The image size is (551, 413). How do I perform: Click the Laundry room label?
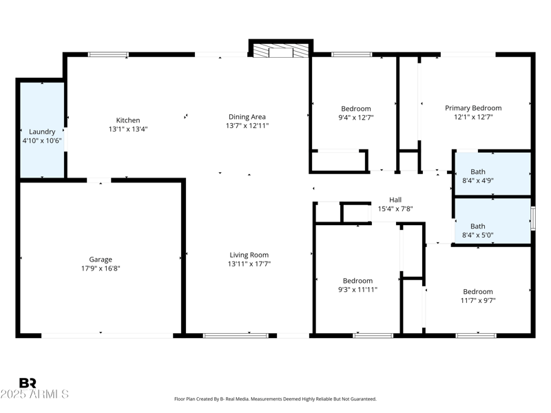pos(42,131)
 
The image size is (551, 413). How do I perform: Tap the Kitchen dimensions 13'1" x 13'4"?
pos(128,129)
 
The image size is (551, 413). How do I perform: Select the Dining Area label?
pos(247,117)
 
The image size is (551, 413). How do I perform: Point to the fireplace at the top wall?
pos(280,50)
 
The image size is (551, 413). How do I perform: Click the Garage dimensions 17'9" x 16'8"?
pos(101,268)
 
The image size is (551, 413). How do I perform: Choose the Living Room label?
pos(249,255)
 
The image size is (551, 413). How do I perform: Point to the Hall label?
pos(395,200)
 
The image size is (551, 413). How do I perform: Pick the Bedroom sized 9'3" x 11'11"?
pos(357,285)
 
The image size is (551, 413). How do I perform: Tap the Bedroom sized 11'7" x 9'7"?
pos(478,296)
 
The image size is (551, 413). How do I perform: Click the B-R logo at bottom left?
pos(28,383)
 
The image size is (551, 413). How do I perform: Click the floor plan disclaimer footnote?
pos(275,399)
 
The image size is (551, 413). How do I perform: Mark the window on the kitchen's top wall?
pos(107,54)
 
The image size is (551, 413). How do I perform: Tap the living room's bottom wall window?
pos(236,335)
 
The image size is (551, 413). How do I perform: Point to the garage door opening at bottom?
pos(107,335)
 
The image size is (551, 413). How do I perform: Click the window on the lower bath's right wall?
pos(532,220)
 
